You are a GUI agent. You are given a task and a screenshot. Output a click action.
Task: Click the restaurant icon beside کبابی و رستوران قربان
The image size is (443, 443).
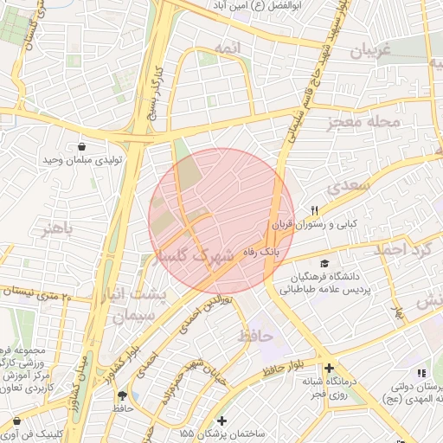coord(315,210)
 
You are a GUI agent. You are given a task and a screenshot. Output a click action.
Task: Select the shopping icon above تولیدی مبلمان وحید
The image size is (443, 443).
coord(81,146)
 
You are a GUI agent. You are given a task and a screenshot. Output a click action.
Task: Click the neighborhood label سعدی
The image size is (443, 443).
coord(350,186)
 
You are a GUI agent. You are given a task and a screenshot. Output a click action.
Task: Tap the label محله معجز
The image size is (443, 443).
coord(364,122)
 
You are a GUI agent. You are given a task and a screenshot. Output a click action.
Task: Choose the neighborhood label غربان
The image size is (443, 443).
coord(371,51)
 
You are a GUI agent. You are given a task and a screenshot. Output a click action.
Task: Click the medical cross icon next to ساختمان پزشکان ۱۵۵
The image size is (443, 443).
coord(221,419)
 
